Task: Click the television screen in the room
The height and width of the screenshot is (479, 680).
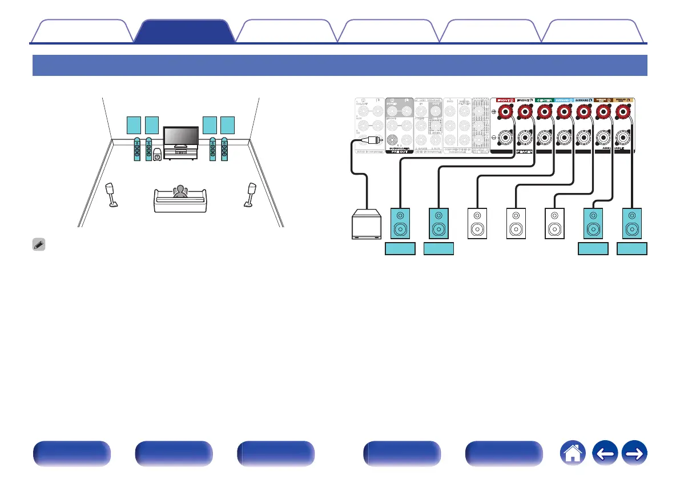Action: [180, 138]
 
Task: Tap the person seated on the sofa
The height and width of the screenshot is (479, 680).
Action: [180, 191]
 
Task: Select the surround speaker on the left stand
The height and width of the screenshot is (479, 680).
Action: [112, 195]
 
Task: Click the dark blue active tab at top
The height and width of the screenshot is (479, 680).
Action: [186, 32]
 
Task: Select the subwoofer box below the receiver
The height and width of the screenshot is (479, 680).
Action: [367, 224]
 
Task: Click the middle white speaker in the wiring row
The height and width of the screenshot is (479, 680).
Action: [516, 223]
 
